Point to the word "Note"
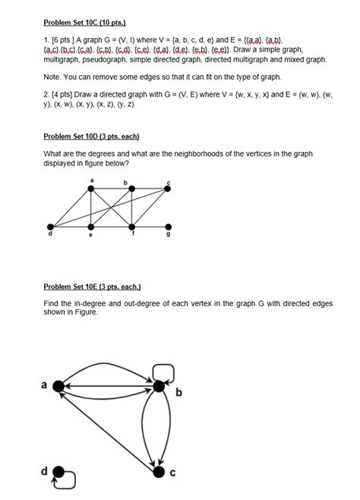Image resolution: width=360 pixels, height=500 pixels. tap(52, 78)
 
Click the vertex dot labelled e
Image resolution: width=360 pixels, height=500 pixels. tap(91, 226)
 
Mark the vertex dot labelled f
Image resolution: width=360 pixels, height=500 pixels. tap(131, 226)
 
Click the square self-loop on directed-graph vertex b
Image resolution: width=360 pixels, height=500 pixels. tap(163, 372)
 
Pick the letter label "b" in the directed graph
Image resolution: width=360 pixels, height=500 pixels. tap(178, 393)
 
